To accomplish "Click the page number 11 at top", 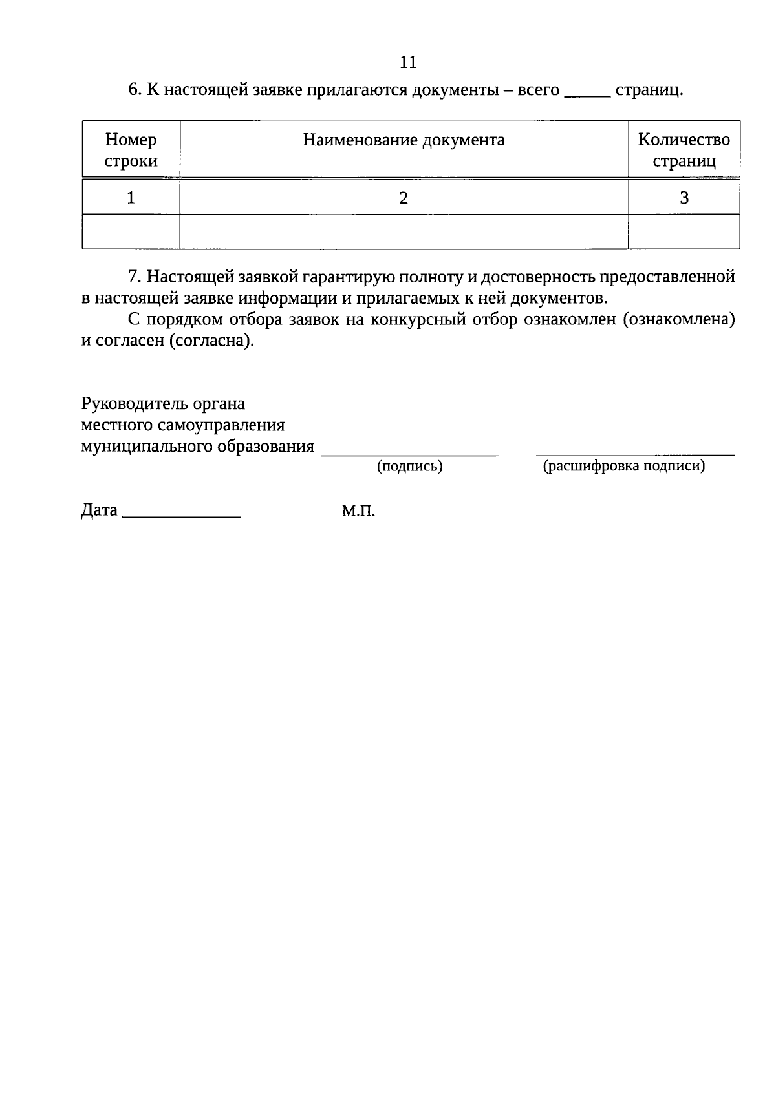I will coord(408,62).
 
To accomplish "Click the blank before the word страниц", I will coord(587,94).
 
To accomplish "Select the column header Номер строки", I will coord(131,150).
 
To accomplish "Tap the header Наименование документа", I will coord(404,140).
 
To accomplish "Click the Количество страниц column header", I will coord(684,150).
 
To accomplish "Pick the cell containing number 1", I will coord(131,198).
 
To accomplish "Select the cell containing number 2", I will coord(404,198).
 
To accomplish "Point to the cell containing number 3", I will coord(684,198).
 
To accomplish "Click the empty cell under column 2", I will coord(404,232).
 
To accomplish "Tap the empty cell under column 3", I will coord(684,232).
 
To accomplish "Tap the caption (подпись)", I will coord(409,467).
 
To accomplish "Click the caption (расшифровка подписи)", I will coord(623,466).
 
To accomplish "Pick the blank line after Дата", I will coord(181,514).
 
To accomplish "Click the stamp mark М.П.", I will coord(358,511).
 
